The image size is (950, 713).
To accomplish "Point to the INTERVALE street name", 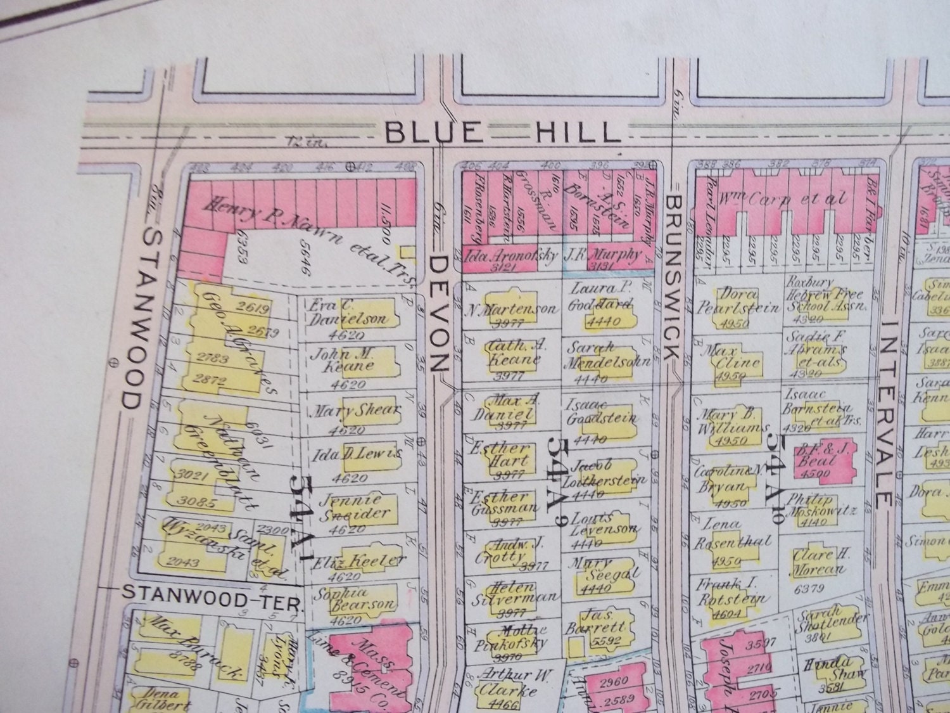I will pyautogui.click(x=887, y=413).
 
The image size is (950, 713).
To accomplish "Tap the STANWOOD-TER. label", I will pyautogui.click(x=210, y=594).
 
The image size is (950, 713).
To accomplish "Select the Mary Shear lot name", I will pyautogui.click(x=355, y=411).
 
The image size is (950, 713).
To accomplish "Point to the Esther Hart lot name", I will pyautogui.click(x=497, y=455).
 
